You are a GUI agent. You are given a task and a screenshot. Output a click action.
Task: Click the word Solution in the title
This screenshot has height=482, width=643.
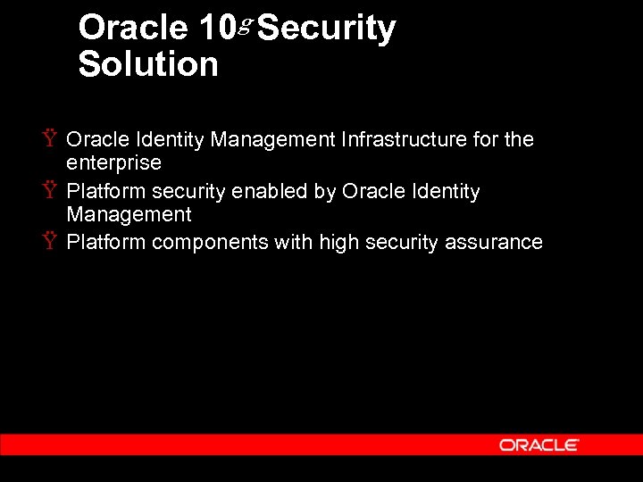pyautogui.click(x=148, y=64)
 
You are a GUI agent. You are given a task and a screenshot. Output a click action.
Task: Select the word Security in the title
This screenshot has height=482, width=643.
pyautogui.click(x=326, y=29)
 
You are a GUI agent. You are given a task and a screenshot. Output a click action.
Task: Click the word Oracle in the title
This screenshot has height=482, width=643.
pyautogui.click(x=133, y=29)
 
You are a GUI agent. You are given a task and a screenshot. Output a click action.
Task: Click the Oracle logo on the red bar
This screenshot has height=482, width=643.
pyautogui.click(x=539, y=445)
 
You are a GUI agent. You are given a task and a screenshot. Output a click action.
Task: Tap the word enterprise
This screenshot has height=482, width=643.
pyautogui.click(x=113, y=163)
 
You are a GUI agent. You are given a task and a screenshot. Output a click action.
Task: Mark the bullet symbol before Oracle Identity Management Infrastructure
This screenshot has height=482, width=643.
pyautogui.click(x=51, y=138)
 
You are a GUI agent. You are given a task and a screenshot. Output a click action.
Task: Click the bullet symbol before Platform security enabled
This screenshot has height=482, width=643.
pyautogui.click(x=51, y=190)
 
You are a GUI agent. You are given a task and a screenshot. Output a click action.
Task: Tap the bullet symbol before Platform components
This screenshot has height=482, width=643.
pyautogui.click(x=51, y=241)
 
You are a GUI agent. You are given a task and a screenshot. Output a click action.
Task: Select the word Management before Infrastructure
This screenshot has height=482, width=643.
pyautogui.click(x=277, y=139)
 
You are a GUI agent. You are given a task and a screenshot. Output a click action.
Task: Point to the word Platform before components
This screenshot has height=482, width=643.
pyautogui.click(x=106, y=242)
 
